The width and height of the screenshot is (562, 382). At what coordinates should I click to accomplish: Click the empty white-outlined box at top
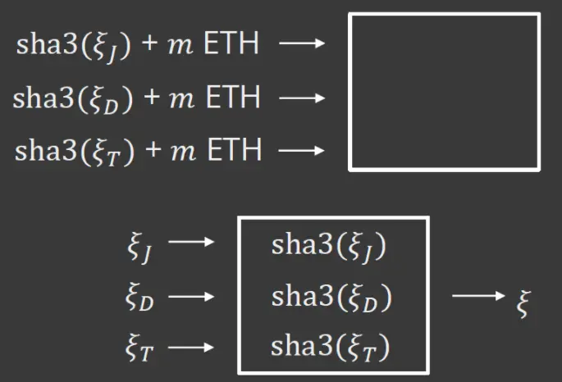[x=444, y=91]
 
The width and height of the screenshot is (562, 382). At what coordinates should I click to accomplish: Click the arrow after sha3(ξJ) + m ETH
[x=302, y=44]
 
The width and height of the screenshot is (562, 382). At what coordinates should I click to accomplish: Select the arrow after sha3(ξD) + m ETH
[x=302, y=98]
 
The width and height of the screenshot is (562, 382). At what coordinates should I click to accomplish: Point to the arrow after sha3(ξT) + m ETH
[x=302, y=151]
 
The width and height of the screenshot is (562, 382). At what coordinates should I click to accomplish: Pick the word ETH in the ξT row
[x=234, y=151]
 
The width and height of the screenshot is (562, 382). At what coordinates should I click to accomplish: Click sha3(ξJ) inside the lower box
[x=328, y=246]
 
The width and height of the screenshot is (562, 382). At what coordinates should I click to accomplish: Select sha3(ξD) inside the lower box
[x=331, y=297]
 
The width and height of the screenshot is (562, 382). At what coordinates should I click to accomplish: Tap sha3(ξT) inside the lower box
[x=330, y=348]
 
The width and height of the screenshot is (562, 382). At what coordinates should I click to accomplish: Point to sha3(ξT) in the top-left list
[x=73, y=152]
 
